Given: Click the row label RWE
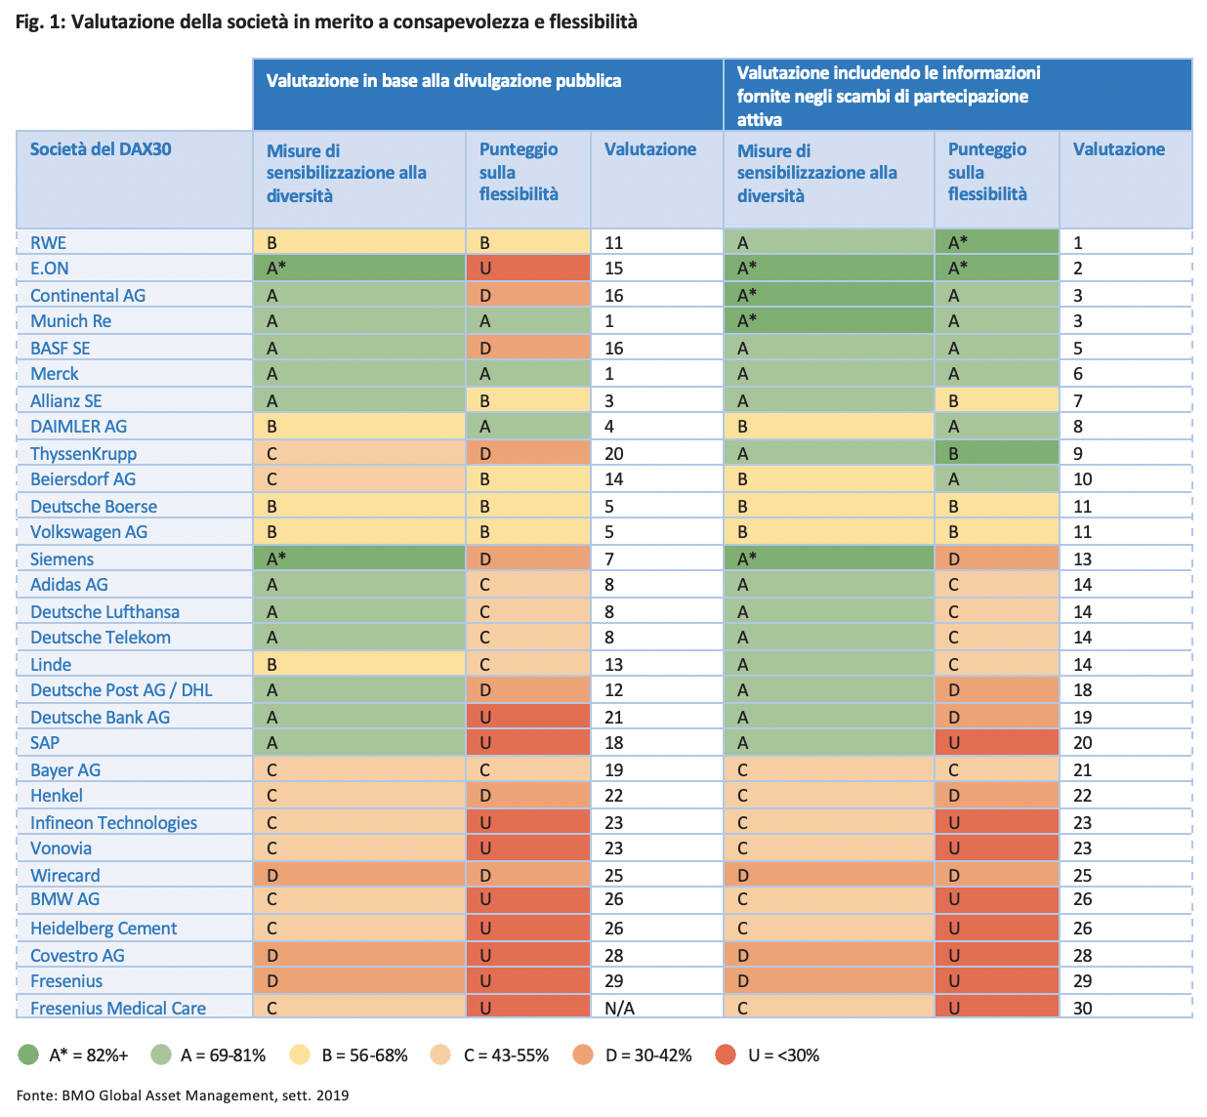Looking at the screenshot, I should point(48,242).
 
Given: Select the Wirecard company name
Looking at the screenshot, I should point(64,875).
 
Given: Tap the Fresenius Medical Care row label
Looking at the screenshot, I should point(117,1008).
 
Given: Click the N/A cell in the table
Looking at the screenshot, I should point(619,1008).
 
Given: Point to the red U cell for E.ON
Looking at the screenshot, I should point(527,269).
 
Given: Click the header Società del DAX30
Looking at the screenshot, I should point(101,149).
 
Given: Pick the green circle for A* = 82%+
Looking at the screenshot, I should point(28,1055).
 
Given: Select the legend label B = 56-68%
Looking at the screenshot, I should point(364,1055).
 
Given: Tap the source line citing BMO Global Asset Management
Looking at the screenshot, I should point(183,1095).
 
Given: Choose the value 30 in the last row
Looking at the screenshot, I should point(1083,1008).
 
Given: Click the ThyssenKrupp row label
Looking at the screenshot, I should point(83,453).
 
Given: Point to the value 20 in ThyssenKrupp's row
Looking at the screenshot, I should point(614,453).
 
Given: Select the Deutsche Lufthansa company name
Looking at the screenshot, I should point(104,611).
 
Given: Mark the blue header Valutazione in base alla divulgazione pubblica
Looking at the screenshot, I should point(443,81).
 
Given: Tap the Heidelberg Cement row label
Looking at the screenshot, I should point(104,928).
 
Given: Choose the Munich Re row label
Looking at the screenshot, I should point(70,320).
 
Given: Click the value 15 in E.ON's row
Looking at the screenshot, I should point(613,269).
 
